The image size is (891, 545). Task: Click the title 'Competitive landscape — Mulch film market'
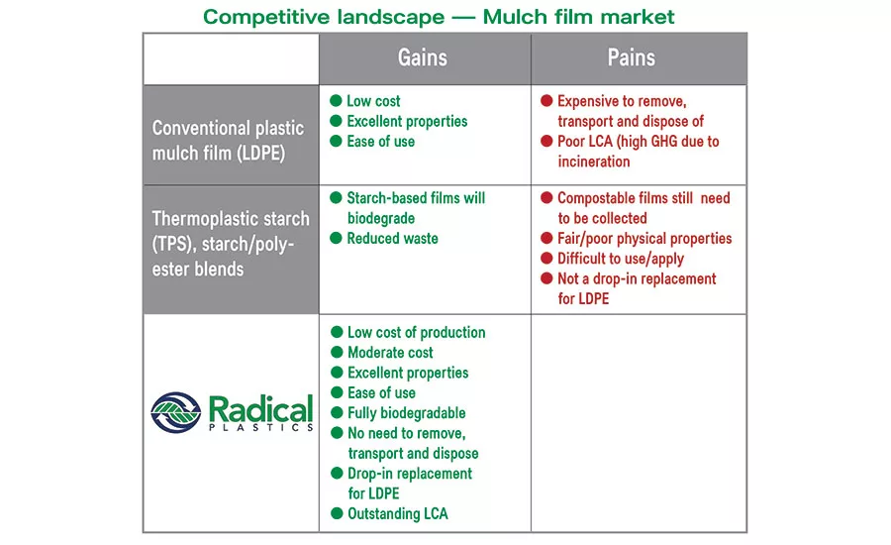(x=439, y=17)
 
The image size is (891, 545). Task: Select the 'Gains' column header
(x=423, y=57)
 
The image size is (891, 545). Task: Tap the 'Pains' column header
(x=632, y=57)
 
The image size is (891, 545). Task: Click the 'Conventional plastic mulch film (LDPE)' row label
(x=228, y=141)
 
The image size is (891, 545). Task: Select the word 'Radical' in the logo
(x=260, y=407)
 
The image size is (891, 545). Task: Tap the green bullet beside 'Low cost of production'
(x=337, y=333)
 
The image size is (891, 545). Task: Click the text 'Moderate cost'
(x=390, y=353)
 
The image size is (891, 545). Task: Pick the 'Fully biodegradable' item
(x=406, y=413)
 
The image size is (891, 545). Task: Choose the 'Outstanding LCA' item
(x=397, y=513)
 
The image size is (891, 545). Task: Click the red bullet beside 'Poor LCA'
(x=545, y=142)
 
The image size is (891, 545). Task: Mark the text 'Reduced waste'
(x=392, y=239)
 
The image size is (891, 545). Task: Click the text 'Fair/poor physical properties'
(x=644, y=239)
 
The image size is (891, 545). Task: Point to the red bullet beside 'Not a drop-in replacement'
(x=545, y=278)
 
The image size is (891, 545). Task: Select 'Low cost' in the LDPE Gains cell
(x=373, y=101)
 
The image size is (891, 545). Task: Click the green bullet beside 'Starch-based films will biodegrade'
(x=337, y=198)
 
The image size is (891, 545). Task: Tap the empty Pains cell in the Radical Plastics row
(x=639, y=423)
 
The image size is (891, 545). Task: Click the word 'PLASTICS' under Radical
(x=260, y=428)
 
